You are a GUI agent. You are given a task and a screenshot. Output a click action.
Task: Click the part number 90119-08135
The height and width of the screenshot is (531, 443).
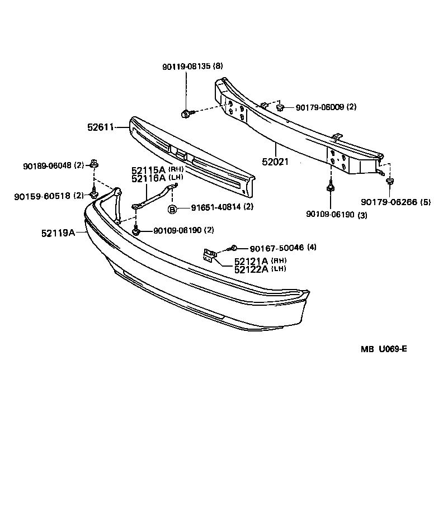(x=187, y=66)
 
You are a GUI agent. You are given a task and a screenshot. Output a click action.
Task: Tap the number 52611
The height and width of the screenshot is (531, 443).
(x=100, y=127)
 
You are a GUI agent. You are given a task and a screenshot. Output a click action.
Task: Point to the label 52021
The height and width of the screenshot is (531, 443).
(x=275, y=162)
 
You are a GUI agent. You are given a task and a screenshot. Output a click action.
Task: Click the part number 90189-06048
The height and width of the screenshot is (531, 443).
(x=48, y=166)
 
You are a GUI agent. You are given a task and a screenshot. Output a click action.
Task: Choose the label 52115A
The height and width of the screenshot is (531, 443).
(x=149, y=170)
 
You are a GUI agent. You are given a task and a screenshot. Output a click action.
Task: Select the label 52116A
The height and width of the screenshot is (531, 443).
(x=149, y=178)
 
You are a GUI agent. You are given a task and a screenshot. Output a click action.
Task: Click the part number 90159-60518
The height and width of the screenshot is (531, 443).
(x=43, y=196)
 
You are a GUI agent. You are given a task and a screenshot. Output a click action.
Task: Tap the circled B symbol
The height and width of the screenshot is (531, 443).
(x=173, y=208)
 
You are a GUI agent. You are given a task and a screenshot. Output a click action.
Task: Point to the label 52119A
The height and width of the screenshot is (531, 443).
(x=58, y=233)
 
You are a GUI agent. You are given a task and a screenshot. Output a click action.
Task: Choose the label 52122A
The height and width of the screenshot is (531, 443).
(x=252, y=269)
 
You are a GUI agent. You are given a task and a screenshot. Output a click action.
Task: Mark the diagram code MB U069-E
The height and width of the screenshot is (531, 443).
(x=383, y=349)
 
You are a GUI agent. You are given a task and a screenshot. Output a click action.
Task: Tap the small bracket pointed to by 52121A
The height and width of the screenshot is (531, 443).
(x=209, y=255)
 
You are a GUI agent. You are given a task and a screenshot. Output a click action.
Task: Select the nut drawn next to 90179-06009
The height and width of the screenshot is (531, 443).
(x=281, y=106)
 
